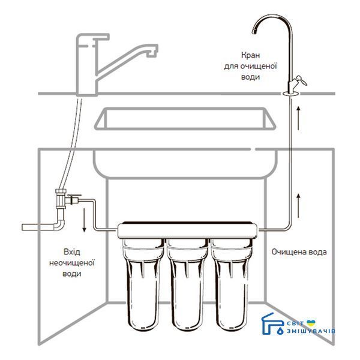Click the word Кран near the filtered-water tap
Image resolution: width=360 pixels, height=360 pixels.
250,55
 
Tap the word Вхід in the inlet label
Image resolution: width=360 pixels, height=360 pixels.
72,252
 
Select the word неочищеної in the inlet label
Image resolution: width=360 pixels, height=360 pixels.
72,263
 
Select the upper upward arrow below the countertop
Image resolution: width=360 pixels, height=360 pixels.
298,118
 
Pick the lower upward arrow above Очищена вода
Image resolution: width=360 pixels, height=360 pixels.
298,206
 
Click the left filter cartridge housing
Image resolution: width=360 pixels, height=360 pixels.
143,284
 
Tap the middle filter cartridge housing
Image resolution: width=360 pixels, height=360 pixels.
187,284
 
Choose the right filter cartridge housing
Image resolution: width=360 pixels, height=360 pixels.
231,284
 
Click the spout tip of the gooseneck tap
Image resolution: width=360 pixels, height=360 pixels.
254,31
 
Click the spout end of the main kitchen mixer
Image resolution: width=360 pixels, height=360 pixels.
152,54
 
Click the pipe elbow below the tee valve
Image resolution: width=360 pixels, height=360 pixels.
59,224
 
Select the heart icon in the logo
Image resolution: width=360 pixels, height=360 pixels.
311,323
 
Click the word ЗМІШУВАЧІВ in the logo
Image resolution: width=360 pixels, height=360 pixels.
311,331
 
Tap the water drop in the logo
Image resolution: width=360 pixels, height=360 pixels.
280,331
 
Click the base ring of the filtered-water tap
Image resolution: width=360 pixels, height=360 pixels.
291,93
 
